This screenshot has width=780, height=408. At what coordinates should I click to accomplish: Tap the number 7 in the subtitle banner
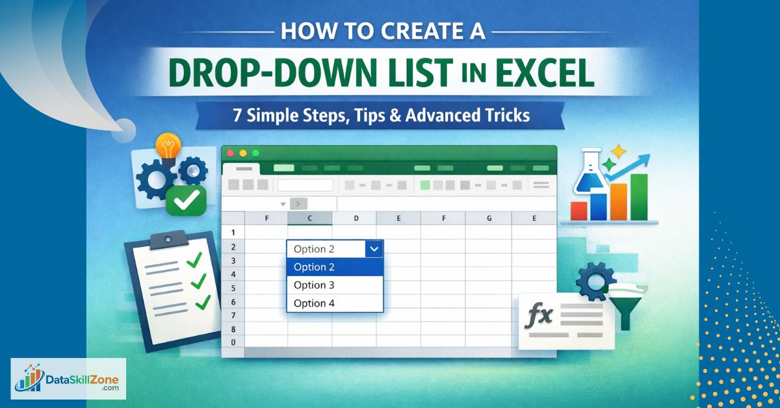click(x=237, y=115)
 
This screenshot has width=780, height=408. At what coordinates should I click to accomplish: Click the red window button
click(x=230, y=153)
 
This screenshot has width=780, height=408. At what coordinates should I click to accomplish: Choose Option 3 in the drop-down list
click(x=314, y=285)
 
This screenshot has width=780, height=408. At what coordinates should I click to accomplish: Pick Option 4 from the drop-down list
click(x=314, y=303)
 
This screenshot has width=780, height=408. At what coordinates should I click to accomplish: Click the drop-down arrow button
click(x=374, y=249)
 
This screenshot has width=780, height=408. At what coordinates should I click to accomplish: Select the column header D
click(x=356, y=218)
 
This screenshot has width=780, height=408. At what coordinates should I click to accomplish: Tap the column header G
click(x=489, y=218)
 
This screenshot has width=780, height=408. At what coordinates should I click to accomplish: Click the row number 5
click(x=233, y=288)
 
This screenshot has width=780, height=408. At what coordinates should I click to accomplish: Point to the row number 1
click(x=233, y=232)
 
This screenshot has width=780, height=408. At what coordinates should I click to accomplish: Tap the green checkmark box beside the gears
click(x=187, y=200)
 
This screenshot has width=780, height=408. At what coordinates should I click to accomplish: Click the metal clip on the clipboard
click(x=168, y=240)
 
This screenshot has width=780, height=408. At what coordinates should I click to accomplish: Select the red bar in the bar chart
click(x=578, y=211)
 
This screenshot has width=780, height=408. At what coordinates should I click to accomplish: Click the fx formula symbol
click(x=538, y=315)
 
